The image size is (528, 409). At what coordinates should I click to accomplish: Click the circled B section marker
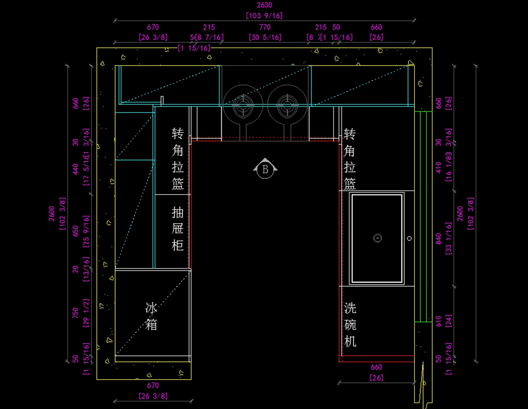tap(265, 169)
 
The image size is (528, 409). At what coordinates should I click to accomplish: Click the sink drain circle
tap(377, 238)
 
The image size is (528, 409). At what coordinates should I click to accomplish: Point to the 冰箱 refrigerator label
tap(151, 317)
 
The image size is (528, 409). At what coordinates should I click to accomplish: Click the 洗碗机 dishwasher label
tap(350, 324)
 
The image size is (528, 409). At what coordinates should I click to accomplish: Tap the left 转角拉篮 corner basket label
tap(178, 158)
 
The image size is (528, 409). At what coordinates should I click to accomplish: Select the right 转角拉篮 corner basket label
tap(350, 158)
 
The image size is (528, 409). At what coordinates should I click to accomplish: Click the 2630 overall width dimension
tap(264, 6)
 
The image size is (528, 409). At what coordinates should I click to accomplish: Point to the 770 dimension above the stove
tap(265, 27)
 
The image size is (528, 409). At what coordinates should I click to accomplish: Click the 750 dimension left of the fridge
tap(76, 313)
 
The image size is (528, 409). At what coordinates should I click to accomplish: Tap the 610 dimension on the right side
tap(438, 321)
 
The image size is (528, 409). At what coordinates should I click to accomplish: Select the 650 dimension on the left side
tap(76, 231)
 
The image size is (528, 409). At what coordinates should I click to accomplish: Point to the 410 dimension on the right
tap(438, 167)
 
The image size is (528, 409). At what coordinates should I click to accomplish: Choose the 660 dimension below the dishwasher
tap(377, 367)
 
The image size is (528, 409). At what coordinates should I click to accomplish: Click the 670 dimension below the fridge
tap(153, 386)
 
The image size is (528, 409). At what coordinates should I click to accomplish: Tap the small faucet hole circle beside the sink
tap(410, 238)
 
